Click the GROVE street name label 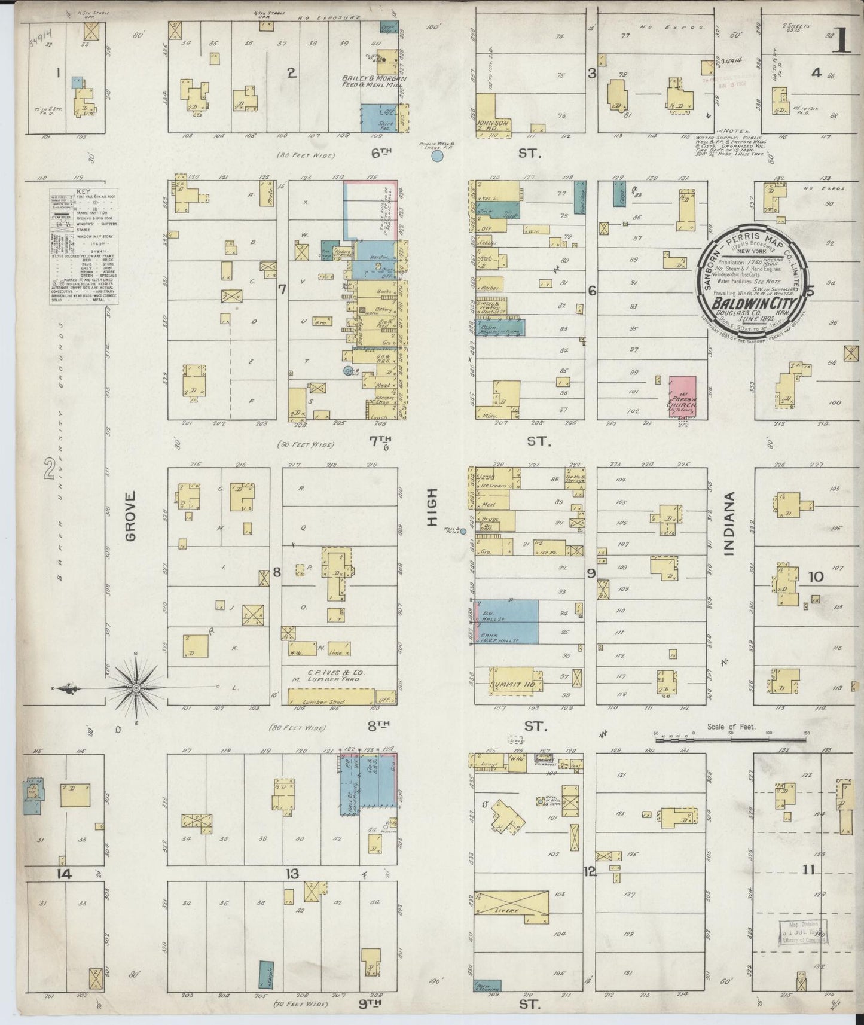point(131,516)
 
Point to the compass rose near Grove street point(136,688)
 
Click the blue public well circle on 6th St point(437,156)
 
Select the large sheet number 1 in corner point(842,41)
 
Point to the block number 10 point(816,576)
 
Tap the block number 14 point(63,874)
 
